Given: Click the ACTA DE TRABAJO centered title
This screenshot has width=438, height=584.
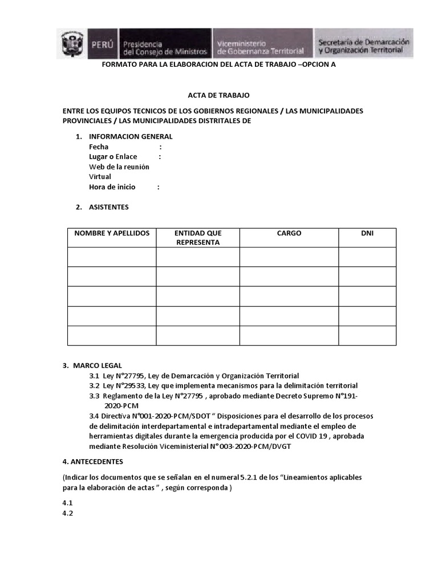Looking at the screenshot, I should [x=218, y=95].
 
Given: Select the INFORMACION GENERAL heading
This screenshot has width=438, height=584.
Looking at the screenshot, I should [x=131, y=136].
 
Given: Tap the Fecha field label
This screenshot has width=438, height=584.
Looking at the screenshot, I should [x=99, y=147].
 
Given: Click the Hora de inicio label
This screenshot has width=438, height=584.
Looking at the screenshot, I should [x=112, y=187].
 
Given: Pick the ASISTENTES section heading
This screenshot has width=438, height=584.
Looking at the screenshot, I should [x=108, y=207].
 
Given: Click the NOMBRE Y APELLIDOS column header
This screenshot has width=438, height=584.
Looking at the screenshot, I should [x=112, y=233].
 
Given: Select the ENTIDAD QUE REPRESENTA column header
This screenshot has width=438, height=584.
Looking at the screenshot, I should [x=198, y=237].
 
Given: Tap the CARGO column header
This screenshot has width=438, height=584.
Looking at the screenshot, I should [x=289, y=233].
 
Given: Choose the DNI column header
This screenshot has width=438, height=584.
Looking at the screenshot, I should [x=367, y=233].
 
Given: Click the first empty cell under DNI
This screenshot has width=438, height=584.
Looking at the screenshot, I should [x=367, y=257].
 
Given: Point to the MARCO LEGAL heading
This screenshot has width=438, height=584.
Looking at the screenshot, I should [x=97, y=365].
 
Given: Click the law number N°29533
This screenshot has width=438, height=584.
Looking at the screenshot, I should [x=133, y=386].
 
